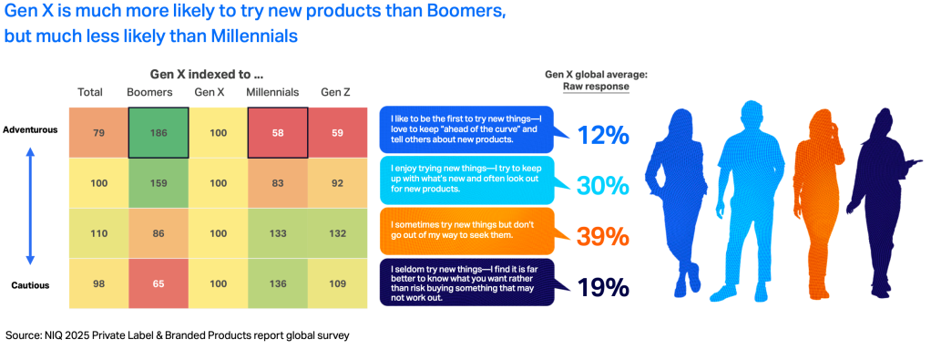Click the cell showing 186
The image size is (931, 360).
159,132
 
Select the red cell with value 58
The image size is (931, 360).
278,132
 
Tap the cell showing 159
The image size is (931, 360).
159,183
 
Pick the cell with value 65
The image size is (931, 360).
159,284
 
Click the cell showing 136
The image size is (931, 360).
278,284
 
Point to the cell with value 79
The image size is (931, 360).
98,132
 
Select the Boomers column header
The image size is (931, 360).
149,92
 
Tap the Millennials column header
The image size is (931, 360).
272,92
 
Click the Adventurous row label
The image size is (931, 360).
30,130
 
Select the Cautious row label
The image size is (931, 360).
30,285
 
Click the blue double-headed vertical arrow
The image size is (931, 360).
31,206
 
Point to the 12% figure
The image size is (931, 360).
603,136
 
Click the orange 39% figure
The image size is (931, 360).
603,237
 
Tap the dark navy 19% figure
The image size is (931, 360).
603,288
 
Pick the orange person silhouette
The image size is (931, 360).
818,205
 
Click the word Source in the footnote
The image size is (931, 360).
22,335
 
